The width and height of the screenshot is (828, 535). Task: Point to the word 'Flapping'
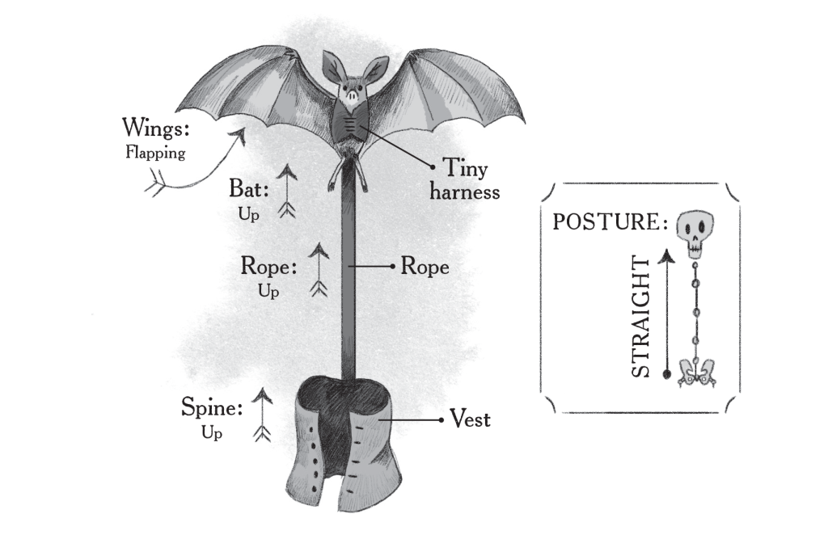coord(155,153)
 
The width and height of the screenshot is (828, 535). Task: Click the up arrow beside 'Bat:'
coord(285,192)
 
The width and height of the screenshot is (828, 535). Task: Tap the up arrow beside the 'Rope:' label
coord(319,270)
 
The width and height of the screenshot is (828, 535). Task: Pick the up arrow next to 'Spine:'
coord(261,415)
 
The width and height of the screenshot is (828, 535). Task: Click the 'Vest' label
coord(471,419)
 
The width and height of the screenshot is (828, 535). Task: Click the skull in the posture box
coord(693,232)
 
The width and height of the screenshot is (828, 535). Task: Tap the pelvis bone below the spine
coord(694,371)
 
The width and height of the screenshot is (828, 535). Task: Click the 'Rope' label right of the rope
coord(425,266)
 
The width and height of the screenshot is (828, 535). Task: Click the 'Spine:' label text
coord(212,407)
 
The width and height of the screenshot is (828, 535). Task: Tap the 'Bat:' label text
coord(249,188)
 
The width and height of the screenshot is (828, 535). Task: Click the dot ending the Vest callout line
coord(441,420)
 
